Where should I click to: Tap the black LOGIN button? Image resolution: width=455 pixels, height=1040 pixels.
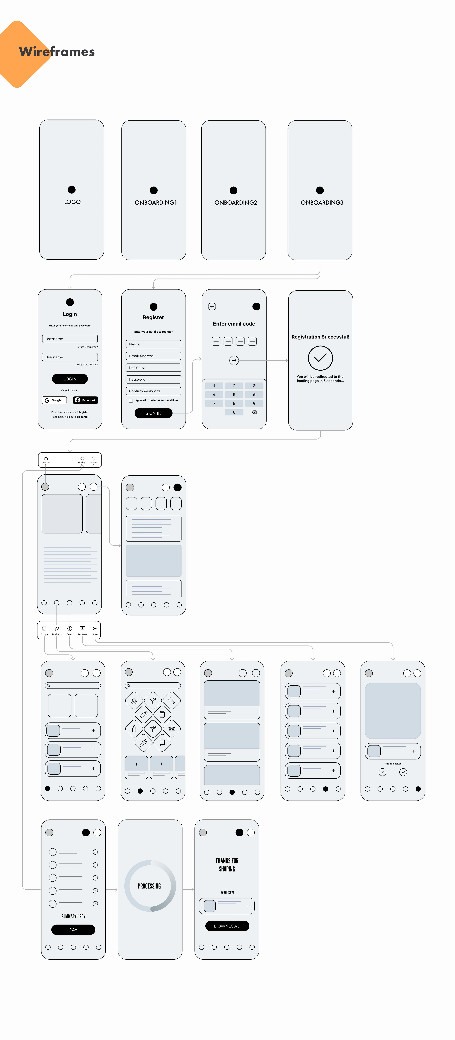point(70,379)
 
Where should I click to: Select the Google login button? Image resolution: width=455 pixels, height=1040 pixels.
point(54,400)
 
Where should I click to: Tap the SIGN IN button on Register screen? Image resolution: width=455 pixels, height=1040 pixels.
point(153,413)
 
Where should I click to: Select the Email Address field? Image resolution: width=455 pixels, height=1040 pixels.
point(153,356)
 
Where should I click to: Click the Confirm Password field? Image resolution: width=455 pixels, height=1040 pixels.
point(153,391)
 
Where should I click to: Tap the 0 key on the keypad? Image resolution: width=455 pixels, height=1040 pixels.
point(234,412)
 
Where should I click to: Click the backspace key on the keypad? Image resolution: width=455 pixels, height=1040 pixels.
point(254,412)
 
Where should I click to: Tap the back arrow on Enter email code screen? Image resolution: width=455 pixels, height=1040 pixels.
point(212,306)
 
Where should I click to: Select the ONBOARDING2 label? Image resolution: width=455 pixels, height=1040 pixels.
point(236,202)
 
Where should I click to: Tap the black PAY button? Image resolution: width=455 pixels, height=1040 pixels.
point(73,929)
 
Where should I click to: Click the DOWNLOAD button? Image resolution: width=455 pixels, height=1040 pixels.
point(227,926)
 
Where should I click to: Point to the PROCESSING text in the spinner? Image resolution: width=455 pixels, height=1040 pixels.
point(149,886)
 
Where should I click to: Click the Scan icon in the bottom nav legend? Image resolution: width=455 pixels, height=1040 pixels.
point(95,629)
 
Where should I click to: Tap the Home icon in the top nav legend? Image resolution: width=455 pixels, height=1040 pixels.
point(46,459)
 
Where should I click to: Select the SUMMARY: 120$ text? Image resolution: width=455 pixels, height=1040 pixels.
point(73,916)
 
